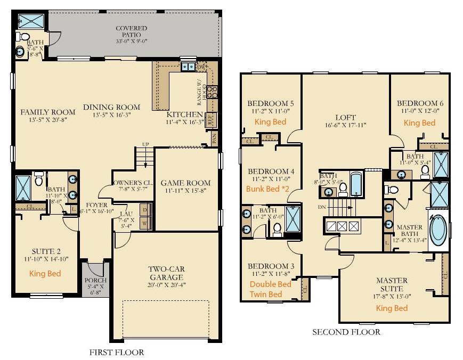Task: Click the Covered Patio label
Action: (x=131, y=28)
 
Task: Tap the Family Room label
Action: (x=48, y=112)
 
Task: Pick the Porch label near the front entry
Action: (x=96, y=281)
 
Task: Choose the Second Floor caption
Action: (x=346, y=332)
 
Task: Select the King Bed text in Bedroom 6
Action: (x=419, y=123)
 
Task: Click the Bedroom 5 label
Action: (x=271, y=103)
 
